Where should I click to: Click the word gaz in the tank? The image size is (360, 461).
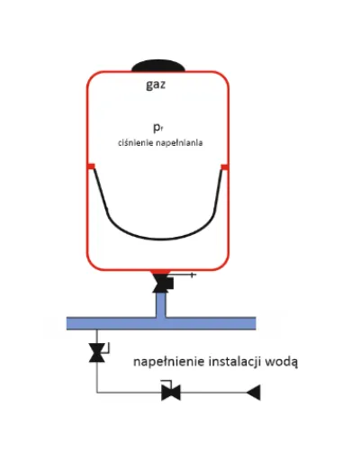(156, 85)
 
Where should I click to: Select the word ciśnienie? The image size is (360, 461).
(136, 142)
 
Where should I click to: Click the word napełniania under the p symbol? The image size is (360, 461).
(179, 143)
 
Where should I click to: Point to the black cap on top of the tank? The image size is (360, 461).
(158, 66)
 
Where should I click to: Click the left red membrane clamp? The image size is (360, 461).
(91, 167)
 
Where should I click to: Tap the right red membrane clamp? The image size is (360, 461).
(225, 167)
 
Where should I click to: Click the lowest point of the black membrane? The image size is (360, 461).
(160, 240)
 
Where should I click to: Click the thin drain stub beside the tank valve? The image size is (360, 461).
(182, 275)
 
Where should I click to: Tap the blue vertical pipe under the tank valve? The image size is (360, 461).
(161, 304)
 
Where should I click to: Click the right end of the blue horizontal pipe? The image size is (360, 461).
(256, 323)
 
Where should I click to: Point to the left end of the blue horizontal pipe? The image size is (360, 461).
(67, 323)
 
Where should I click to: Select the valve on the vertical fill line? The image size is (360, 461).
(97, 353)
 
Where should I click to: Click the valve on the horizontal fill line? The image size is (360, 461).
(171, 392)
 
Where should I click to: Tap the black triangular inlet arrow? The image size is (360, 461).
(254, 393)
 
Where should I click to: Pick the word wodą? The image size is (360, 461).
(282, 362)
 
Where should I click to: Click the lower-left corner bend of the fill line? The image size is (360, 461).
(97, 393)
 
